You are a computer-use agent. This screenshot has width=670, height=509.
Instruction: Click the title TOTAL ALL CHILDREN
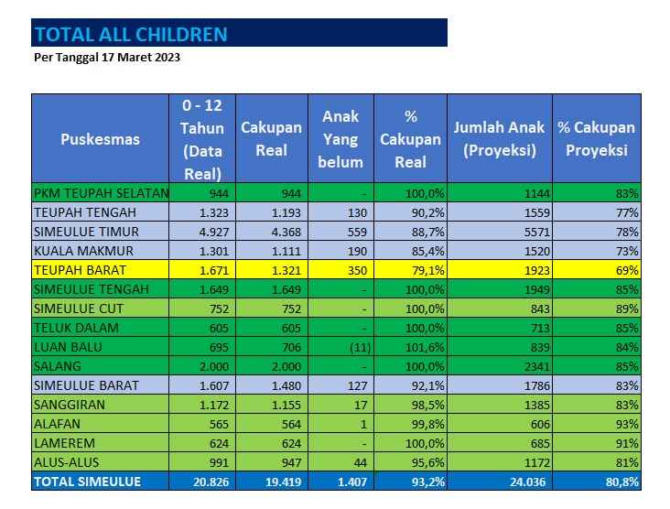pos(130,35)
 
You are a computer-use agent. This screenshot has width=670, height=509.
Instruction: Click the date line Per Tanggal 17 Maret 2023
pos(106,57)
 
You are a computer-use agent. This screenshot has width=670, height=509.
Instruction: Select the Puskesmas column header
pos(101,139)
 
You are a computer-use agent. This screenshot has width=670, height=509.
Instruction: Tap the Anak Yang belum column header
pos(340,139)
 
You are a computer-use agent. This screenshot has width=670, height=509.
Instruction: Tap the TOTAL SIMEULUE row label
pos(87,482)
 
